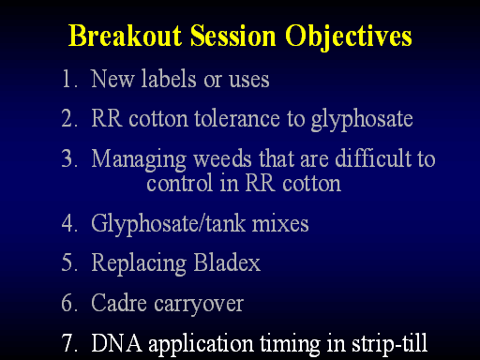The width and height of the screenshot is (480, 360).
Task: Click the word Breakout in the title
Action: pyautogui.click(x=125, y=36)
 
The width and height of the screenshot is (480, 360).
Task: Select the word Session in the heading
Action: pyautogui.click(x=233, y=36)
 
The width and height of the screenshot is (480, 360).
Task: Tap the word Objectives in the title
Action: pyautogui.click(x=349, y=37)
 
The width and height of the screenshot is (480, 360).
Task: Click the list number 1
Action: pyautogui.click(x=69, y=79)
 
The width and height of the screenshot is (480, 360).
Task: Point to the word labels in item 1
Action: pyautogui.click(x=169, y=78)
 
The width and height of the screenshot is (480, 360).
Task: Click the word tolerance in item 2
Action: pyautogui.click(x=237, y=118)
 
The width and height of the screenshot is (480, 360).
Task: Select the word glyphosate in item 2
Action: pyautogui.click(x=362, y=120)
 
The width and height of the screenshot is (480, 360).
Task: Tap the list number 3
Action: pyautogui.click(x=69, y=158)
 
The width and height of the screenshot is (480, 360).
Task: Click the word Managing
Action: pyautogui.click(x=139, y=159)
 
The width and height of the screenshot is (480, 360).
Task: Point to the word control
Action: pyautogui.click(x=180, y=183)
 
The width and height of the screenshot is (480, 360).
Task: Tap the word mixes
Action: pyautogui.click(x=280, y=224)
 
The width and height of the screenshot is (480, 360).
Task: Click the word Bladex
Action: pyautogui.click(x=227, y=262)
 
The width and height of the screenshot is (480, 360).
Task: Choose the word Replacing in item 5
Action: pyautogui.click(x=139, y=263)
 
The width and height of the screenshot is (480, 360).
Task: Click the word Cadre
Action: pyautogui.click(x=119, y=302)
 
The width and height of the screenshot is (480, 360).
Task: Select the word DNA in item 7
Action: pyautogui.click(x=116, y=343)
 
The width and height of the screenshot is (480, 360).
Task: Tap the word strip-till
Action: pyautogui.click(x=389, y=344)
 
